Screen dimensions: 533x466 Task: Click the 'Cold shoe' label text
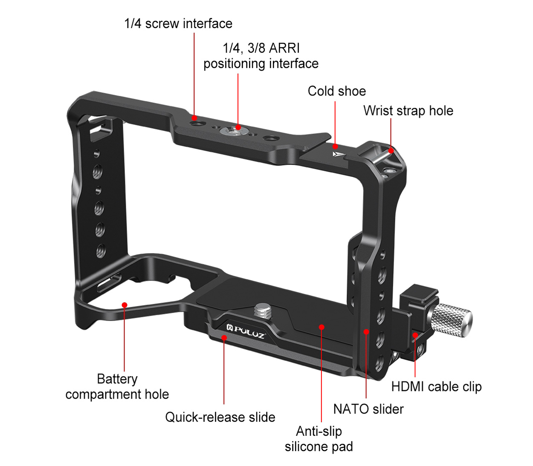pos(336,91)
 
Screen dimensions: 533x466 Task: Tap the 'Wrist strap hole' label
pos(408,111)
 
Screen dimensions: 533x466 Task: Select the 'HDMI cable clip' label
pos(436,387)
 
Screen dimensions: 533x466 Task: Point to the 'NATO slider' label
pos(368,409)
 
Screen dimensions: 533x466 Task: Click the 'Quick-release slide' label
pos(220,417)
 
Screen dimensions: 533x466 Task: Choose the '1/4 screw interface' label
pos(178,24)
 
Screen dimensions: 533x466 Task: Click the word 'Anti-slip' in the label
pos(319,431)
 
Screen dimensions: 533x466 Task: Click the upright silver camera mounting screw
pos(262,311)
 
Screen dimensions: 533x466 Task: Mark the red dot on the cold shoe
pos(335,146)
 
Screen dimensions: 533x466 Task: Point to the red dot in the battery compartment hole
pos(125,305)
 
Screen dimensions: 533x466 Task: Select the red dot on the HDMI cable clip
pos(415,335)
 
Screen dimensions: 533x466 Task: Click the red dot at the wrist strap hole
pos(391,151)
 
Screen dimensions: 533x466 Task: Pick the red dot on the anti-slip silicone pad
pos(322,327)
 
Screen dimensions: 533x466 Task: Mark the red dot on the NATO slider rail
pos(366,332)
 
